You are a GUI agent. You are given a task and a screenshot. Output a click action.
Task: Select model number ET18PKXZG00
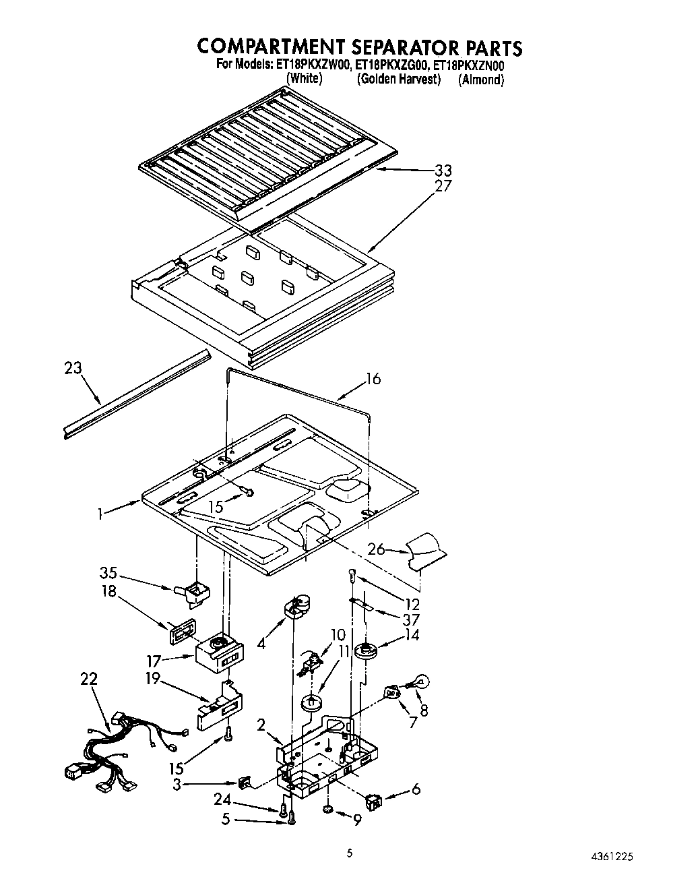tap(391, 66)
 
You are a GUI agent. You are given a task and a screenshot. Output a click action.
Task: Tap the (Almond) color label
tap(481, 80)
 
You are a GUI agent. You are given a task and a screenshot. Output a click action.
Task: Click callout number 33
tap(443, 171)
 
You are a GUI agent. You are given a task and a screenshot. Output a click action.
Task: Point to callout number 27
tap(443, 186)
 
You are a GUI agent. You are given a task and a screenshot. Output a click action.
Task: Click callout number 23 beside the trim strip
tap(73, 369)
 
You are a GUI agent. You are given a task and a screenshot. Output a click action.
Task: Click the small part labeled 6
tap(373, 801)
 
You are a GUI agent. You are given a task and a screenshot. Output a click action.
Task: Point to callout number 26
tap(376, 549)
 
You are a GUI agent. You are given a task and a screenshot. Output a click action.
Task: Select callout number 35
tap(108, 574)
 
